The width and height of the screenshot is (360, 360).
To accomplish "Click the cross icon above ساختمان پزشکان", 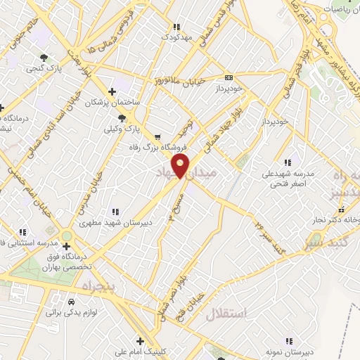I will (x=112, y=91).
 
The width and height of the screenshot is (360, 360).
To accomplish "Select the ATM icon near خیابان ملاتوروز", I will (x=229, y=77).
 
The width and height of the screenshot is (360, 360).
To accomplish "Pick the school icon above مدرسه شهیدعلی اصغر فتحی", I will (x=288, y=162).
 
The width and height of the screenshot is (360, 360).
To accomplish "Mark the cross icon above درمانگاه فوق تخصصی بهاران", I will (x=66, y=246).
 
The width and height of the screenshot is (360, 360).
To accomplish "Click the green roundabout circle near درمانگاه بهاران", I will (x=67, y=236).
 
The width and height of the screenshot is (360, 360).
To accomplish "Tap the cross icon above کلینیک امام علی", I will (x=140, y=340).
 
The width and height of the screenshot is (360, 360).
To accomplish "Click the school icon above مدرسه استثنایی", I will (x=22, y=232).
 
